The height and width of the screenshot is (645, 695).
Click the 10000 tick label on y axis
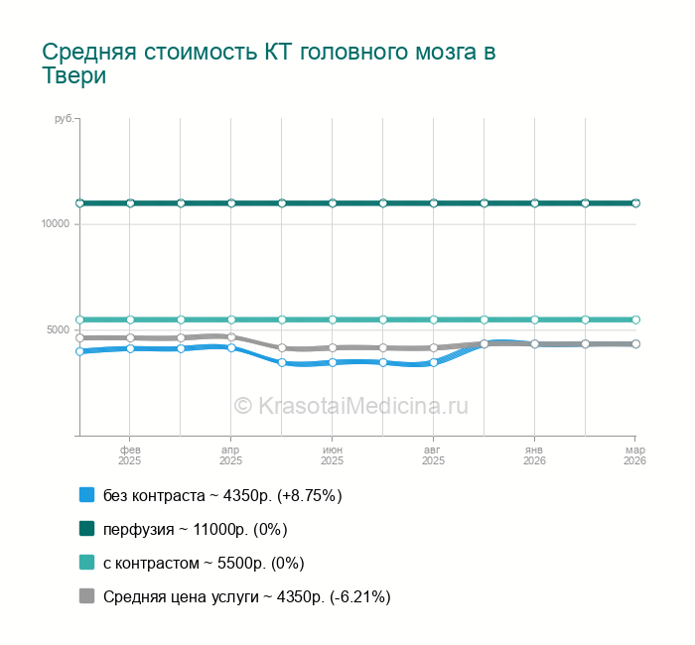tap(56, 223)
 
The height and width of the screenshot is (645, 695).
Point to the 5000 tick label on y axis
tap(59, 329)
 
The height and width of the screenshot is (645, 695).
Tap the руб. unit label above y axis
tap(64, 119)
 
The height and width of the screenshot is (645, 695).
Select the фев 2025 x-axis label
tap(130, 455)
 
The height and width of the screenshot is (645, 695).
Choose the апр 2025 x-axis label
tap(231, 455)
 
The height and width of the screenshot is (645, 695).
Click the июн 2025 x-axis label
tap(333, 455)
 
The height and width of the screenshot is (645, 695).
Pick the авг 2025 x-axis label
tap(434, 455)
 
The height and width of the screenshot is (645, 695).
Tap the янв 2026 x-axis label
tap(535, 455)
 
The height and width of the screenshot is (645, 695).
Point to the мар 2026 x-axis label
tap(634, 455)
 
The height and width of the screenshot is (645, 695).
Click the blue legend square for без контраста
tap(86, 494)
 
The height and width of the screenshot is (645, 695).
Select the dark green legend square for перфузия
tap(86, 528)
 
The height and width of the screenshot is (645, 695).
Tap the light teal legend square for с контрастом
tap(86, 563)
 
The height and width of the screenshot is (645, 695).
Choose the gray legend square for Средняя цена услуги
tap(86, 596)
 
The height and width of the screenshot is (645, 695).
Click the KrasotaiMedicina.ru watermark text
tap(350, 405)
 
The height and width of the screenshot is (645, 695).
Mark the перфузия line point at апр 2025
tap(231, 203)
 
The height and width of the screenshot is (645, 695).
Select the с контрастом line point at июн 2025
tap(333, 320)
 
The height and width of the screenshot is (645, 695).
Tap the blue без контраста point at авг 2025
tap(434, 362)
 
